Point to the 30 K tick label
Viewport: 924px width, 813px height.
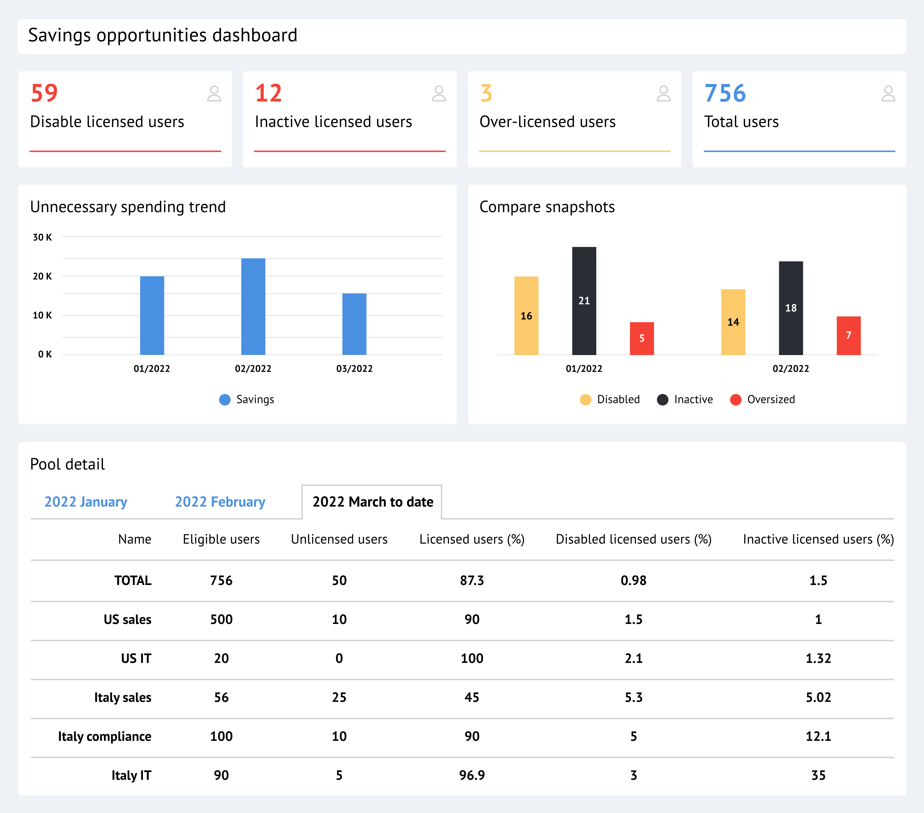tap(42, 237)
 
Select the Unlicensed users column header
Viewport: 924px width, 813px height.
tap(339, 539)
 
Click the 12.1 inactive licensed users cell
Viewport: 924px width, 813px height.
tap(818, 736)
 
